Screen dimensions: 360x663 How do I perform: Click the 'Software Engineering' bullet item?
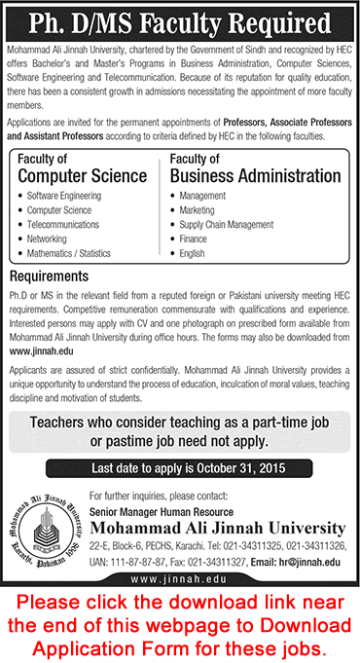tap(66, 196)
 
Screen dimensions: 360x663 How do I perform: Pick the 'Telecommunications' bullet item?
tap(63, 223)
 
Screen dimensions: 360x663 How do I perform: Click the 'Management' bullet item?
tap(202, 196)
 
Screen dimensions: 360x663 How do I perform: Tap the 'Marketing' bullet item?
tap(198, 209)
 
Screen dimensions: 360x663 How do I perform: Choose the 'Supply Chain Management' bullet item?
tap(226, 223)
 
